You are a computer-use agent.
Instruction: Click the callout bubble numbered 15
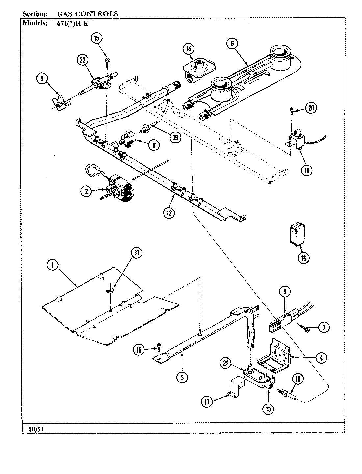point(97,38)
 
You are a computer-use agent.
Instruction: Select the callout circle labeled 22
point(83,60)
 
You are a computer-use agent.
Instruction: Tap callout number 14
point(188,49)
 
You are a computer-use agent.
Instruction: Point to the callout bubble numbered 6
point(232,43)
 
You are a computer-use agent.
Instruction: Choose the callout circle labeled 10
point(307,170)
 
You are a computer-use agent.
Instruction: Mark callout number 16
point(303,258)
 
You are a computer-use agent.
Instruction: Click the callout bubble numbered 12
point(169,213)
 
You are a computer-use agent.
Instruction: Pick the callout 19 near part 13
point(298,380)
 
